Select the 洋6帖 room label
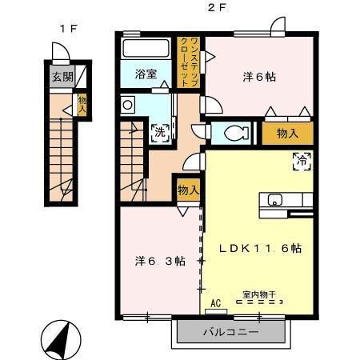pos(260,77)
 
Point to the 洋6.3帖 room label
pos(159,261)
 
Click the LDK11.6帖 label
pos(261,248)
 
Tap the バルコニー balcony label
pos(223,330)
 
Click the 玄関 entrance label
pos(62,78)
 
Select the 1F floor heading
pos(67,28)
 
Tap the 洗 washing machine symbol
pos(159,132)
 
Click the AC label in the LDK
pos(214,303)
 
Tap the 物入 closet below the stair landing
pos(188,191)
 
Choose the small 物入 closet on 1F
pos(82,104)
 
